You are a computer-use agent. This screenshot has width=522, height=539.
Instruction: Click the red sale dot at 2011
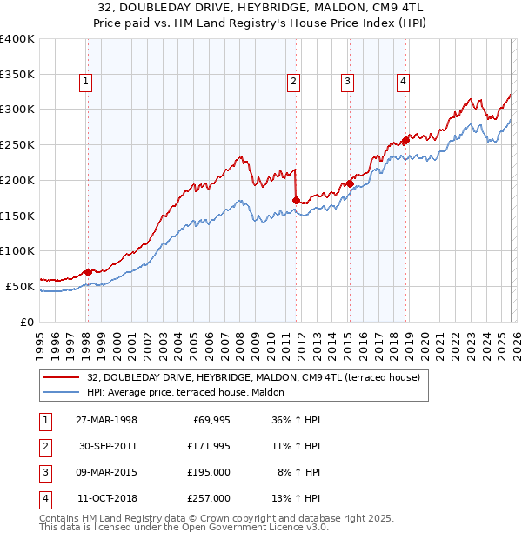tap(296, 200)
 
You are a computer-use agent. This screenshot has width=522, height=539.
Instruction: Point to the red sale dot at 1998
tap(88, 272)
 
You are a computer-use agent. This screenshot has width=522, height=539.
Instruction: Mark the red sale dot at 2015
tap(349, 183)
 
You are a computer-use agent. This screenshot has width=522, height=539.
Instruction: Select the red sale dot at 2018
tap(405, 140)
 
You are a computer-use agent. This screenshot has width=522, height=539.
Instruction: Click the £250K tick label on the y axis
tap(17, 145)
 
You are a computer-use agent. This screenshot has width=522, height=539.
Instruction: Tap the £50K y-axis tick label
tap(20, 286)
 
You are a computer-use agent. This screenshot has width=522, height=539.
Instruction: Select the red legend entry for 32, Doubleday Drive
tap(253, 377)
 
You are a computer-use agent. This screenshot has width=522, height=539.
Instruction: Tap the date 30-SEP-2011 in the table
tap(108, 445)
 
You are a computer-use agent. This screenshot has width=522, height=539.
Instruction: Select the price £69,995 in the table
tap(208, 419)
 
